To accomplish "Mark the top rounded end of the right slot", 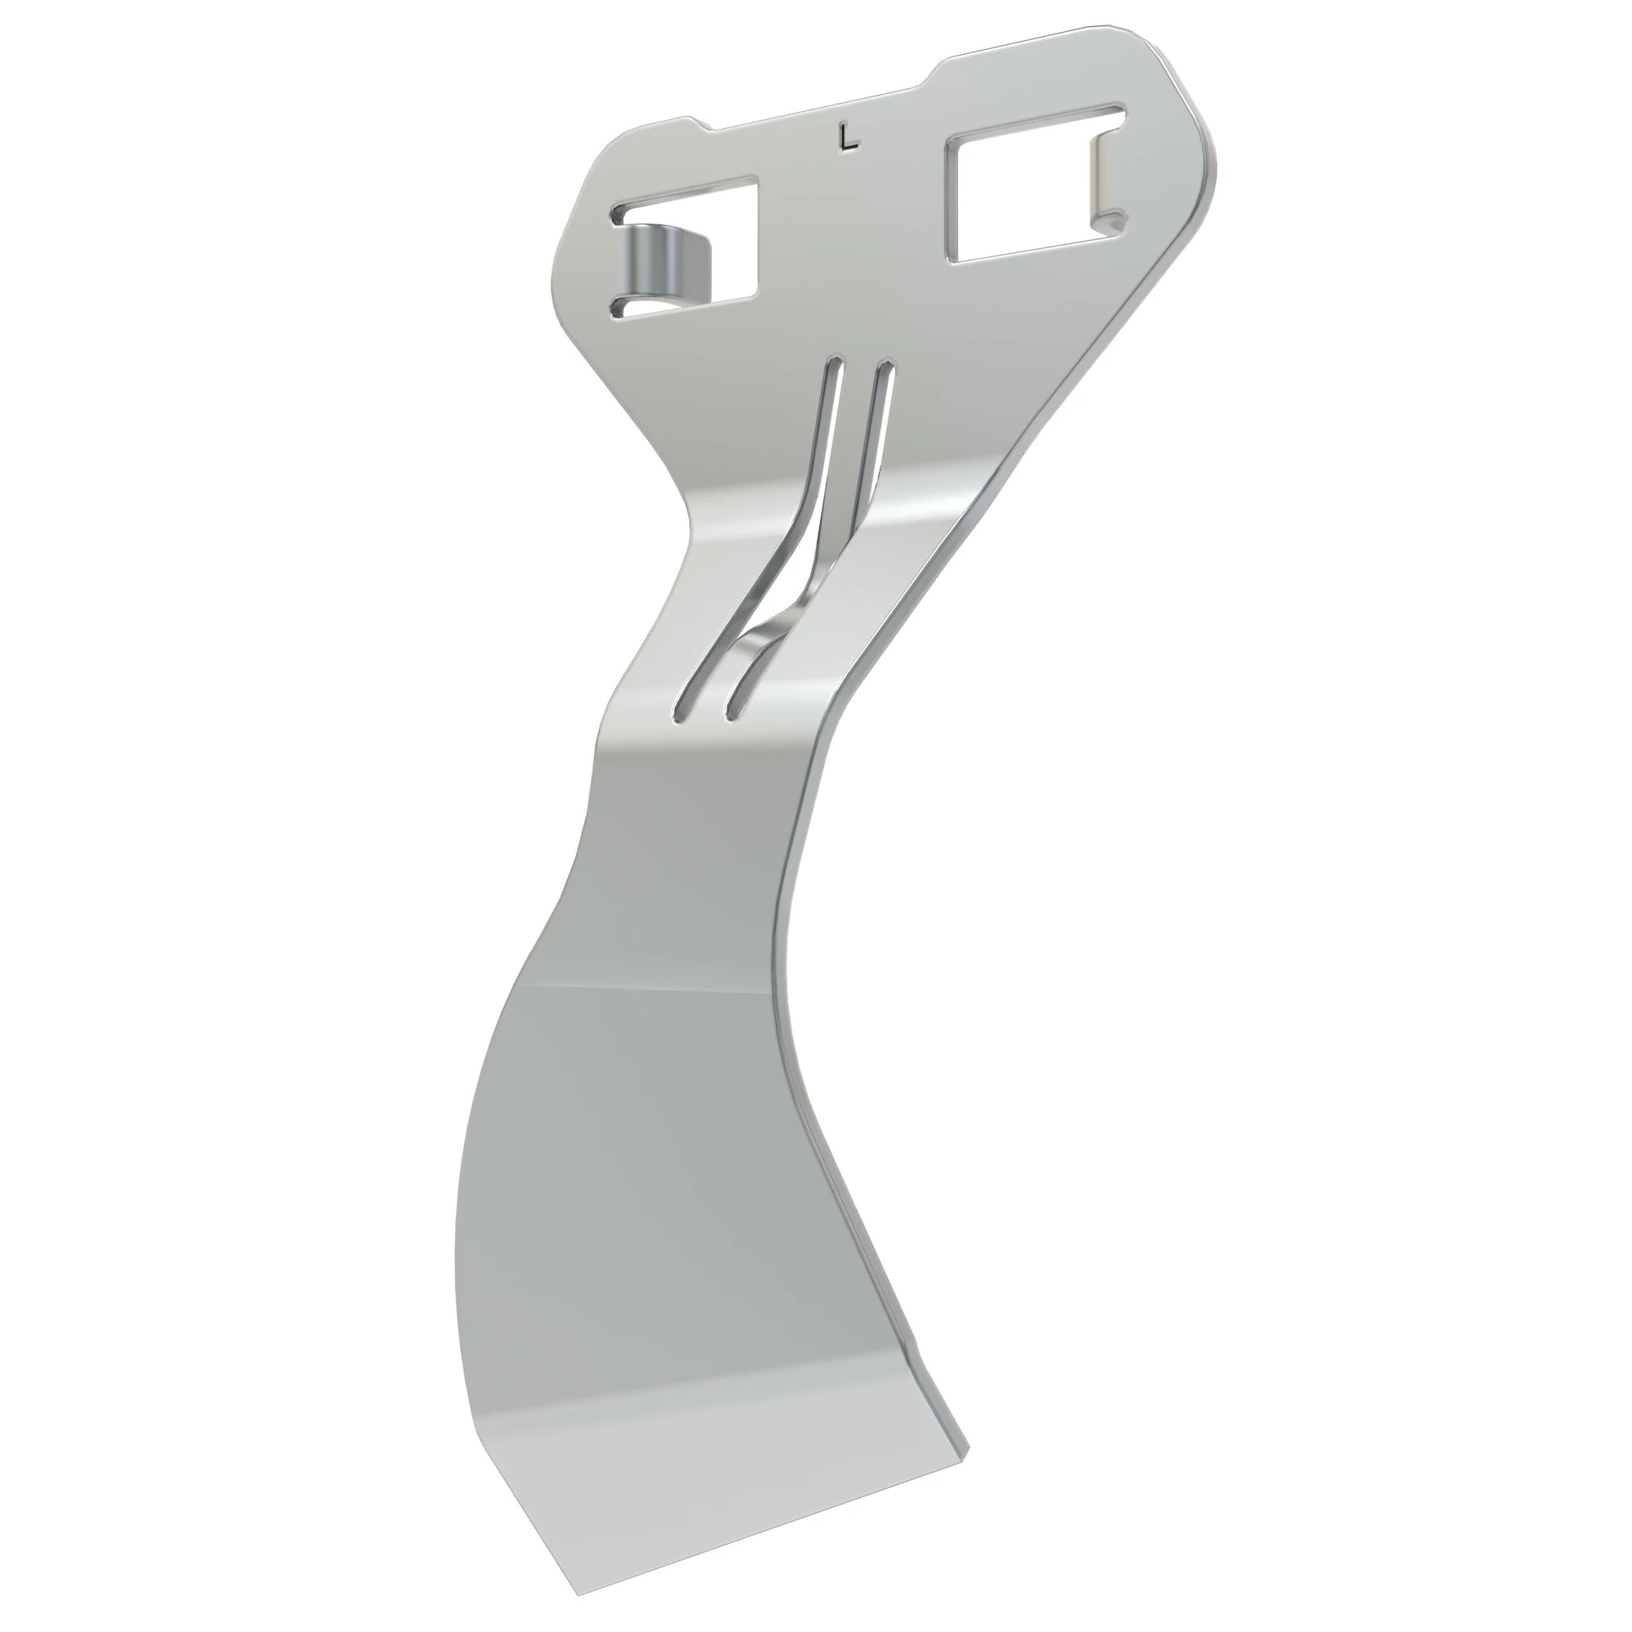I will pyautogui.click(x=886, y=369).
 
